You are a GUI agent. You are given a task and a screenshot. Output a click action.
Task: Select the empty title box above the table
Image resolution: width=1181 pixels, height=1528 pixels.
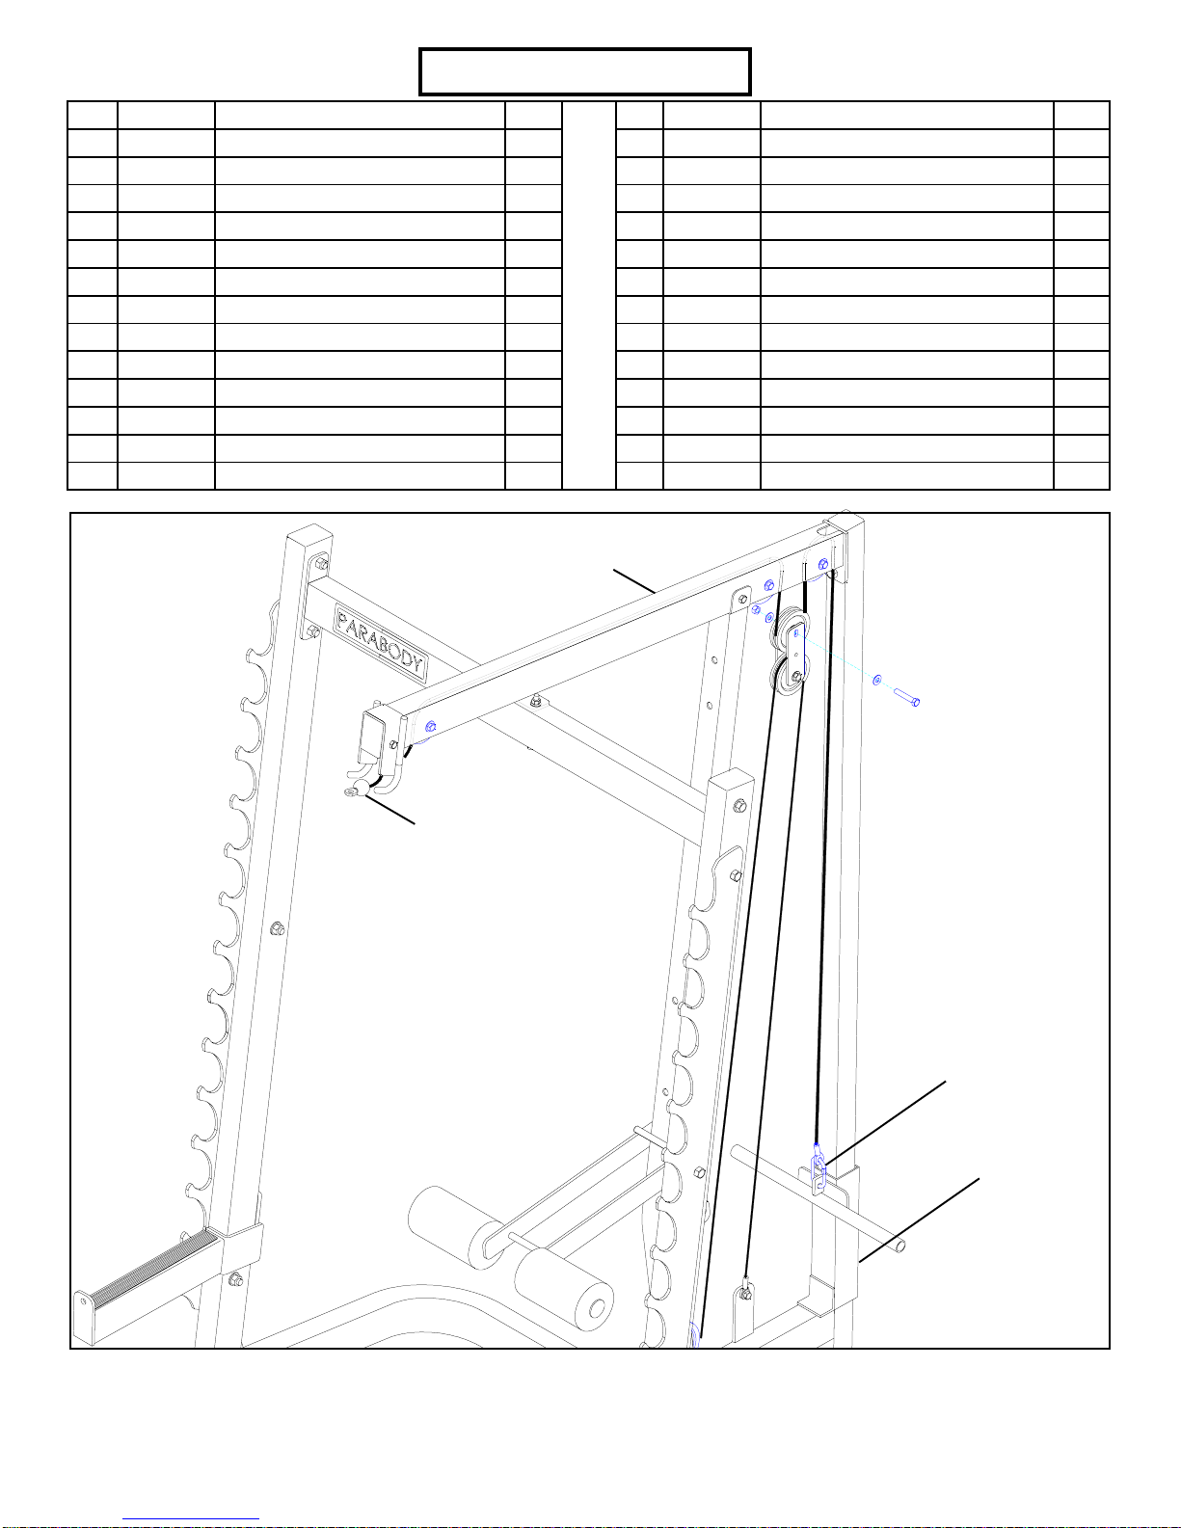coord(585,71)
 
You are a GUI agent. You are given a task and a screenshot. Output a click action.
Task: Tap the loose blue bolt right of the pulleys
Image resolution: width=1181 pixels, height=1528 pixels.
coord(907,698)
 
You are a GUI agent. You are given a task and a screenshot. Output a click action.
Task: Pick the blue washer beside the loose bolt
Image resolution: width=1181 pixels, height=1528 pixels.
coord(876,680)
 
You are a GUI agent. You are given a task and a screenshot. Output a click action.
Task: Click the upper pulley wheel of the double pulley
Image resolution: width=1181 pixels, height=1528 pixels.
coord(790,625)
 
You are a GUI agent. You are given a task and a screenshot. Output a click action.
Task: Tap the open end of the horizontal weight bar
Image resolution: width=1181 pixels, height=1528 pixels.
coord(899,1247)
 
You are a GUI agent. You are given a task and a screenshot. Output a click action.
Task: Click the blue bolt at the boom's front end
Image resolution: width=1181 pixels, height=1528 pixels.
coord(430,726)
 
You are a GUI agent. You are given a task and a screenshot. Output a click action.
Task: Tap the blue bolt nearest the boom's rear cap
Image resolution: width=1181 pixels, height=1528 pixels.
coord(823,563)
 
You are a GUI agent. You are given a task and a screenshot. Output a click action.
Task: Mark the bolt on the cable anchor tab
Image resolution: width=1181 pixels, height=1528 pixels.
coord(743,1294)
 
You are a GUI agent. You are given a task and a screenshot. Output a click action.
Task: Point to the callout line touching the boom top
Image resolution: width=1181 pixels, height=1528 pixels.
coord(634,581)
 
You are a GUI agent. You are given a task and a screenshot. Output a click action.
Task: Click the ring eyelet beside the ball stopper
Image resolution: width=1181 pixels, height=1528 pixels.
coord(349,792)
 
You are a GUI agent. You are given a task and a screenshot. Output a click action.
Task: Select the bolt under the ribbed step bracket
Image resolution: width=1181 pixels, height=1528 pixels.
coord(236,1280)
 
